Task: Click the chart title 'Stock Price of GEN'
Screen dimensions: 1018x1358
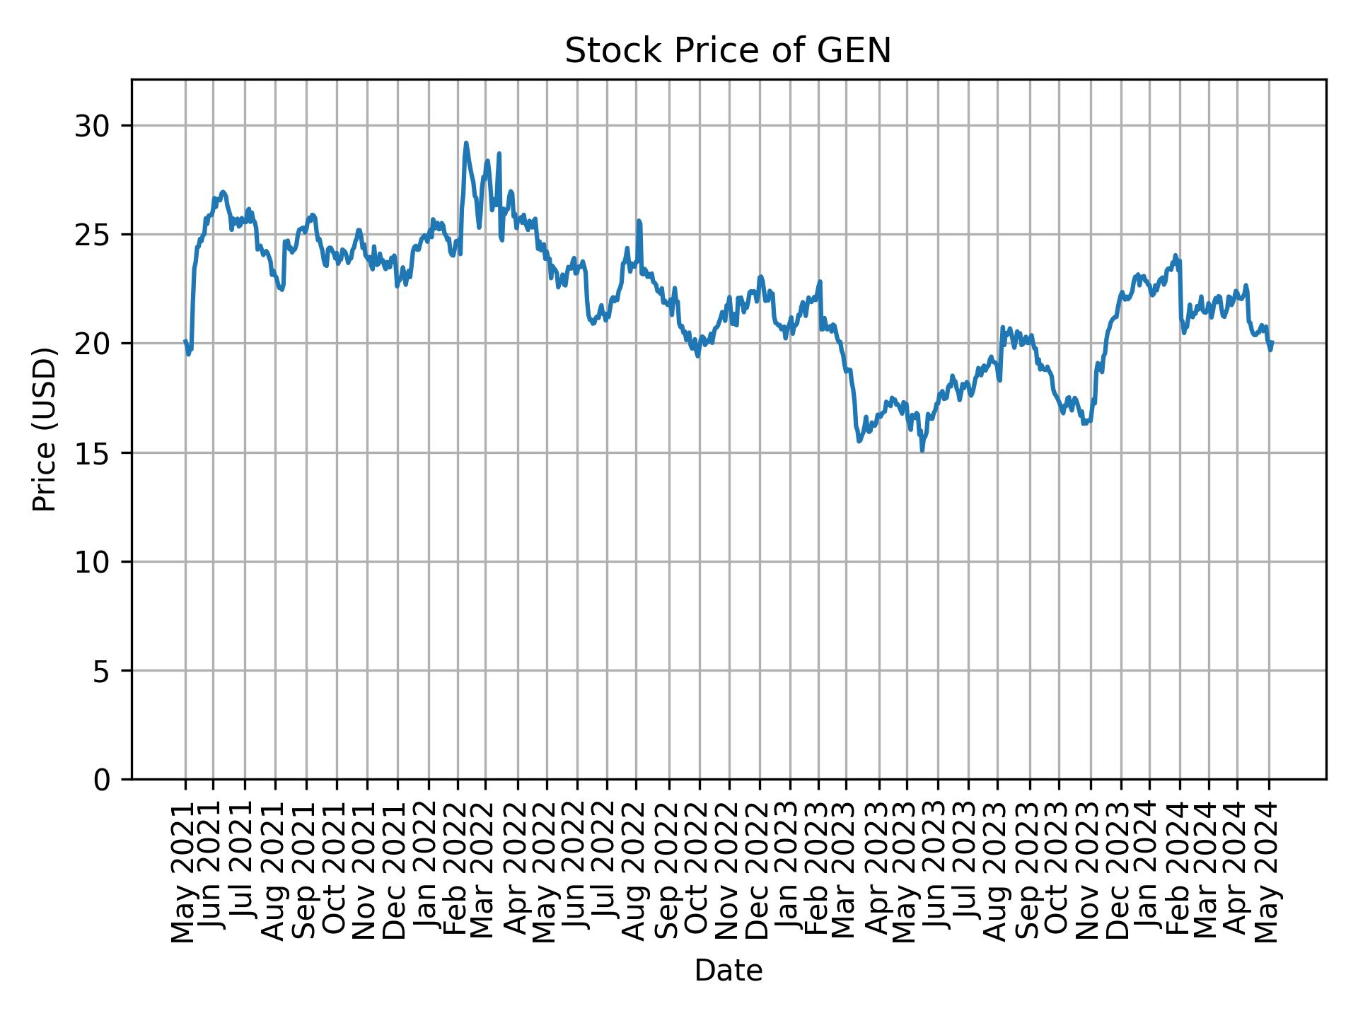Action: (728, 51)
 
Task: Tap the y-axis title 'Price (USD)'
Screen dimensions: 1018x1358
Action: (45, 429)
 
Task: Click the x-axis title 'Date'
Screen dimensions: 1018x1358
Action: (728, 971)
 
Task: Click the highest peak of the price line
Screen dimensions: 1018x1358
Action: (465, 144)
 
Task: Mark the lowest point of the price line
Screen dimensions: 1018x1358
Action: (922, 450)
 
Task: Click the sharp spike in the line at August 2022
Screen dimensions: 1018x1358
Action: (639, 221)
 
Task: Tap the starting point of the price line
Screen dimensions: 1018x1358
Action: (185, 341)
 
